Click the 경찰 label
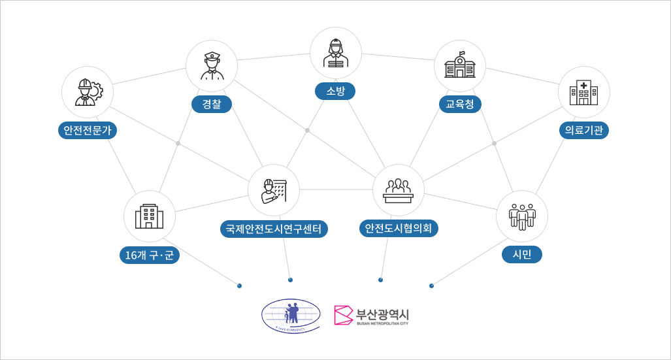[212, 105]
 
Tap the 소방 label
[335, 91]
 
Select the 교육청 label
[459, 104]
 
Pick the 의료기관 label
[584, 130]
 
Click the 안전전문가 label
[87, 130]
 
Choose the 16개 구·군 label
[150, 255]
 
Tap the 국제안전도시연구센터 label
[274, 229]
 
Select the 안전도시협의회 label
[399, 228]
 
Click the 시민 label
[522, 254]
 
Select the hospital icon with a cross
[583, 92]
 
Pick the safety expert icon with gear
[88, 92]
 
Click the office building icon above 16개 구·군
[150, 216]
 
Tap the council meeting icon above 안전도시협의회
[399, 190]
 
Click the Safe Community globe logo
[291, 316]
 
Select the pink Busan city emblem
[343, 315]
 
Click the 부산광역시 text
[382, 312]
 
